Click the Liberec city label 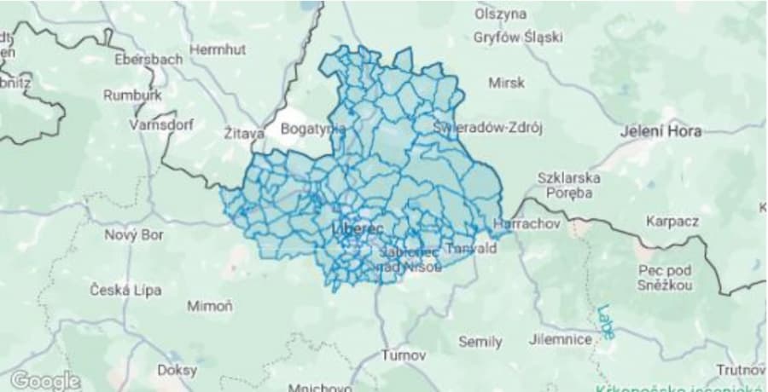click(358, 229)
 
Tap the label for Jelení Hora click(661, 131)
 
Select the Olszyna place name click(501, 14)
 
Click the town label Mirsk click(506, 83)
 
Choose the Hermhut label click(217, 50)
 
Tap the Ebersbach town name click(148, 60)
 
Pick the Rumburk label click(132, 95)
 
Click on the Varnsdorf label click(161, 124)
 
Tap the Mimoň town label click(209, 305)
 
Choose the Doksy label click(177, 370)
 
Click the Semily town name click(480, 342)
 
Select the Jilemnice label click(561, 339)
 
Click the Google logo click(45, 380)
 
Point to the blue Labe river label click(606, 323)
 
